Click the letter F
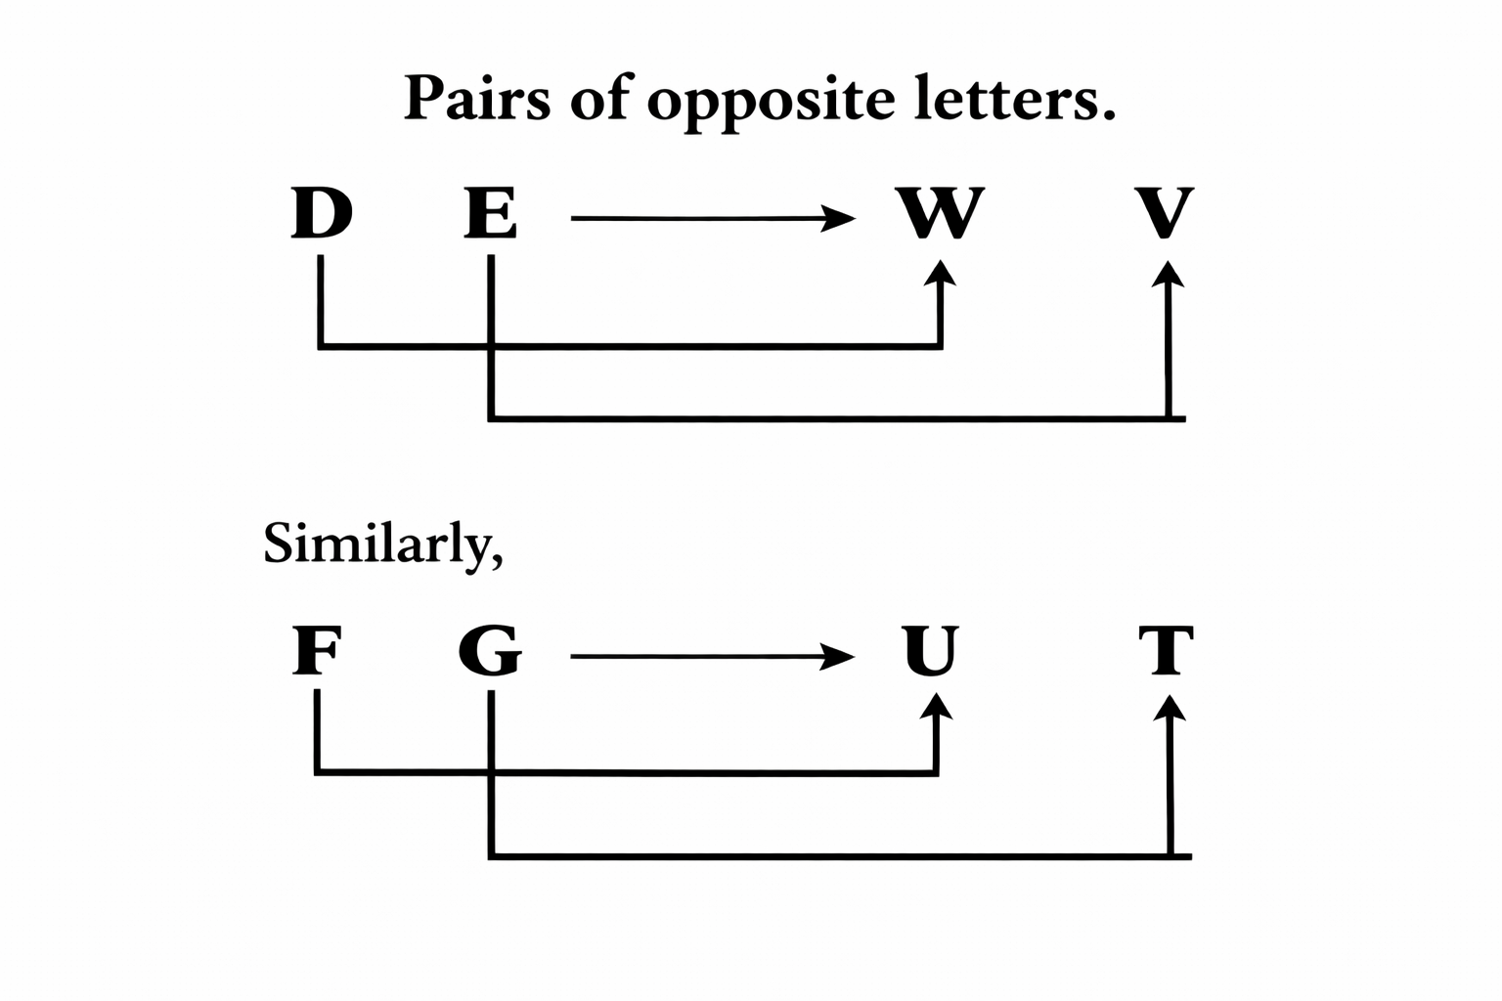click(317, 651)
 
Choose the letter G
click(490, 651)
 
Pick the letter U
click(930, 651)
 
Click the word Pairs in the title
click(476, 100)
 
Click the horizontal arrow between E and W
click(711, 218)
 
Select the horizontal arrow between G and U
click(711, 656)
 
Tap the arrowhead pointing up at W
click(940, 273)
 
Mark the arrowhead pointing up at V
click(1168, 273)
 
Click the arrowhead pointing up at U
click(938, 707)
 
